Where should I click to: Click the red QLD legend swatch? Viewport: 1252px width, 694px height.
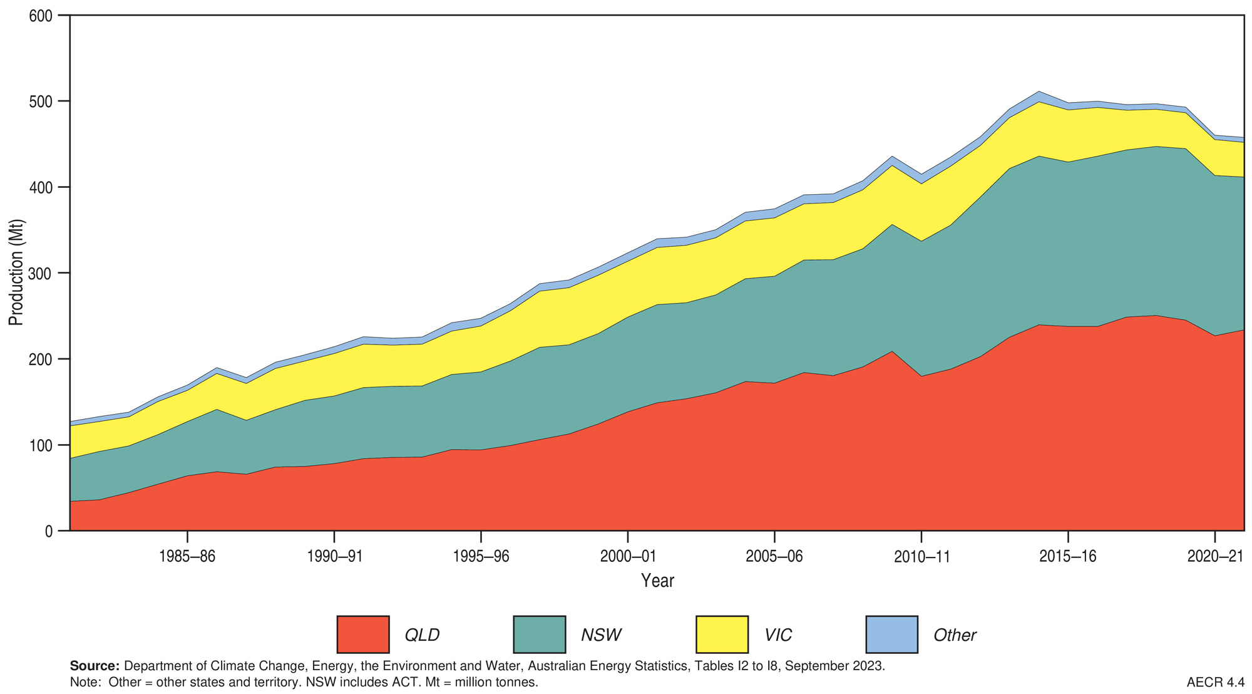[362, 634]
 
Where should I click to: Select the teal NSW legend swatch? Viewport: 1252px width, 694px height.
[539, 634]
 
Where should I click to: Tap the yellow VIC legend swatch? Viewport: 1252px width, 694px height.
[722, 634]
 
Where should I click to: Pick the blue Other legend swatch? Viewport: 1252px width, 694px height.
[891, 634]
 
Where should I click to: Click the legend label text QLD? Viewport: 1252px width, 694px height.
[422, 635]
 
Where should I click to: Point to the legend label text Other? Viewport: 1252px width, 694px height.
[955, 635]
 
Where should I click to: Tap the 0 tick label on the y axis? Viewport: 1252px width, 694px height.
[49, 531]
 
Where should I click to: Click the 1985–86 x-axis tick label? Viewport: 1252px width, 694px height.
[187, 557]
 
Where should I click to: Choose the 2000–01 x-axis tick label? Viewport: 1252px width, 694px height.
[627, 557]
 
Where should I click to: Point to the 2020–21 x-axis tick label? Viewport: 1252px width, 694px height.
[1215, 557]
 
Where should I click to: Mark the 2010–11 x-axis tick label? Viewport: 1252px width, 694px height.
[921, 557]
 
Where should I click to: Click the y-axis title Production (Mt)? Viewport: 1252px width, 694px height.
[16, 272]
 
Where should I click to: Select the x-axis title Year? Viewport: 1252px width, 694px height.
[657, 581]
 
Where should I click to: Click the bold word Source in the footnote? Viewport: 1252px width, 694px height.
[95, 666]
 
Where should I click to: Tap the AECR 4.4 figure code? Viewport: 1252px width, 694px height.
[1215, 682]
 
